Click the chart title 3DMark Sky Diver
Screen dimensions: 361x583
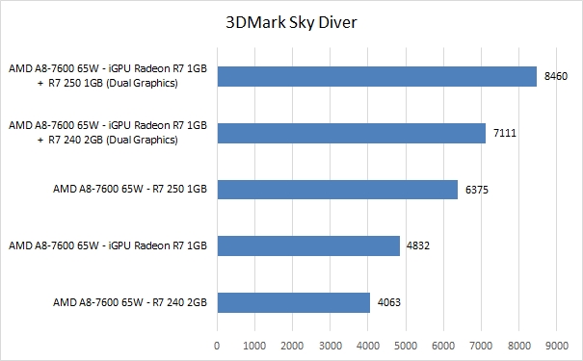291,24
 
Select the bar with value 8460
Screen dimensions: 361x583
377,76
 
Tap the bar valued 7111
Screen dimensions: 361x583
351,133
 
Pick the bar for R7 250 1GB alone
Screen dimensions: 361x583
337,190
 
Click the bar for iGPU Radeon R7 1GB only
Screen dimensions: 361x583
308,245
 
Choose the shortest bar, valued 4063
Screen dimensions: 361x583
294,302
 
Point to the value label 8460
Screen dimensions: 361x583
556,76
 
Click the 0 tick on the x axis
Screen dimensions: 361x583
218,344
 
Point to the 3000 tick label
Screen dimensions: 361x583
331,344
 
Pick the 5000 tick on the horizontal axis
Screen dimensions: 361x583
406,344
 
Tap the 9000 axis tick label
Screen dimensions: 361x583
556,344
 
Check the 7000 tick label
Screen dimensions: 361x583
481,344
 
